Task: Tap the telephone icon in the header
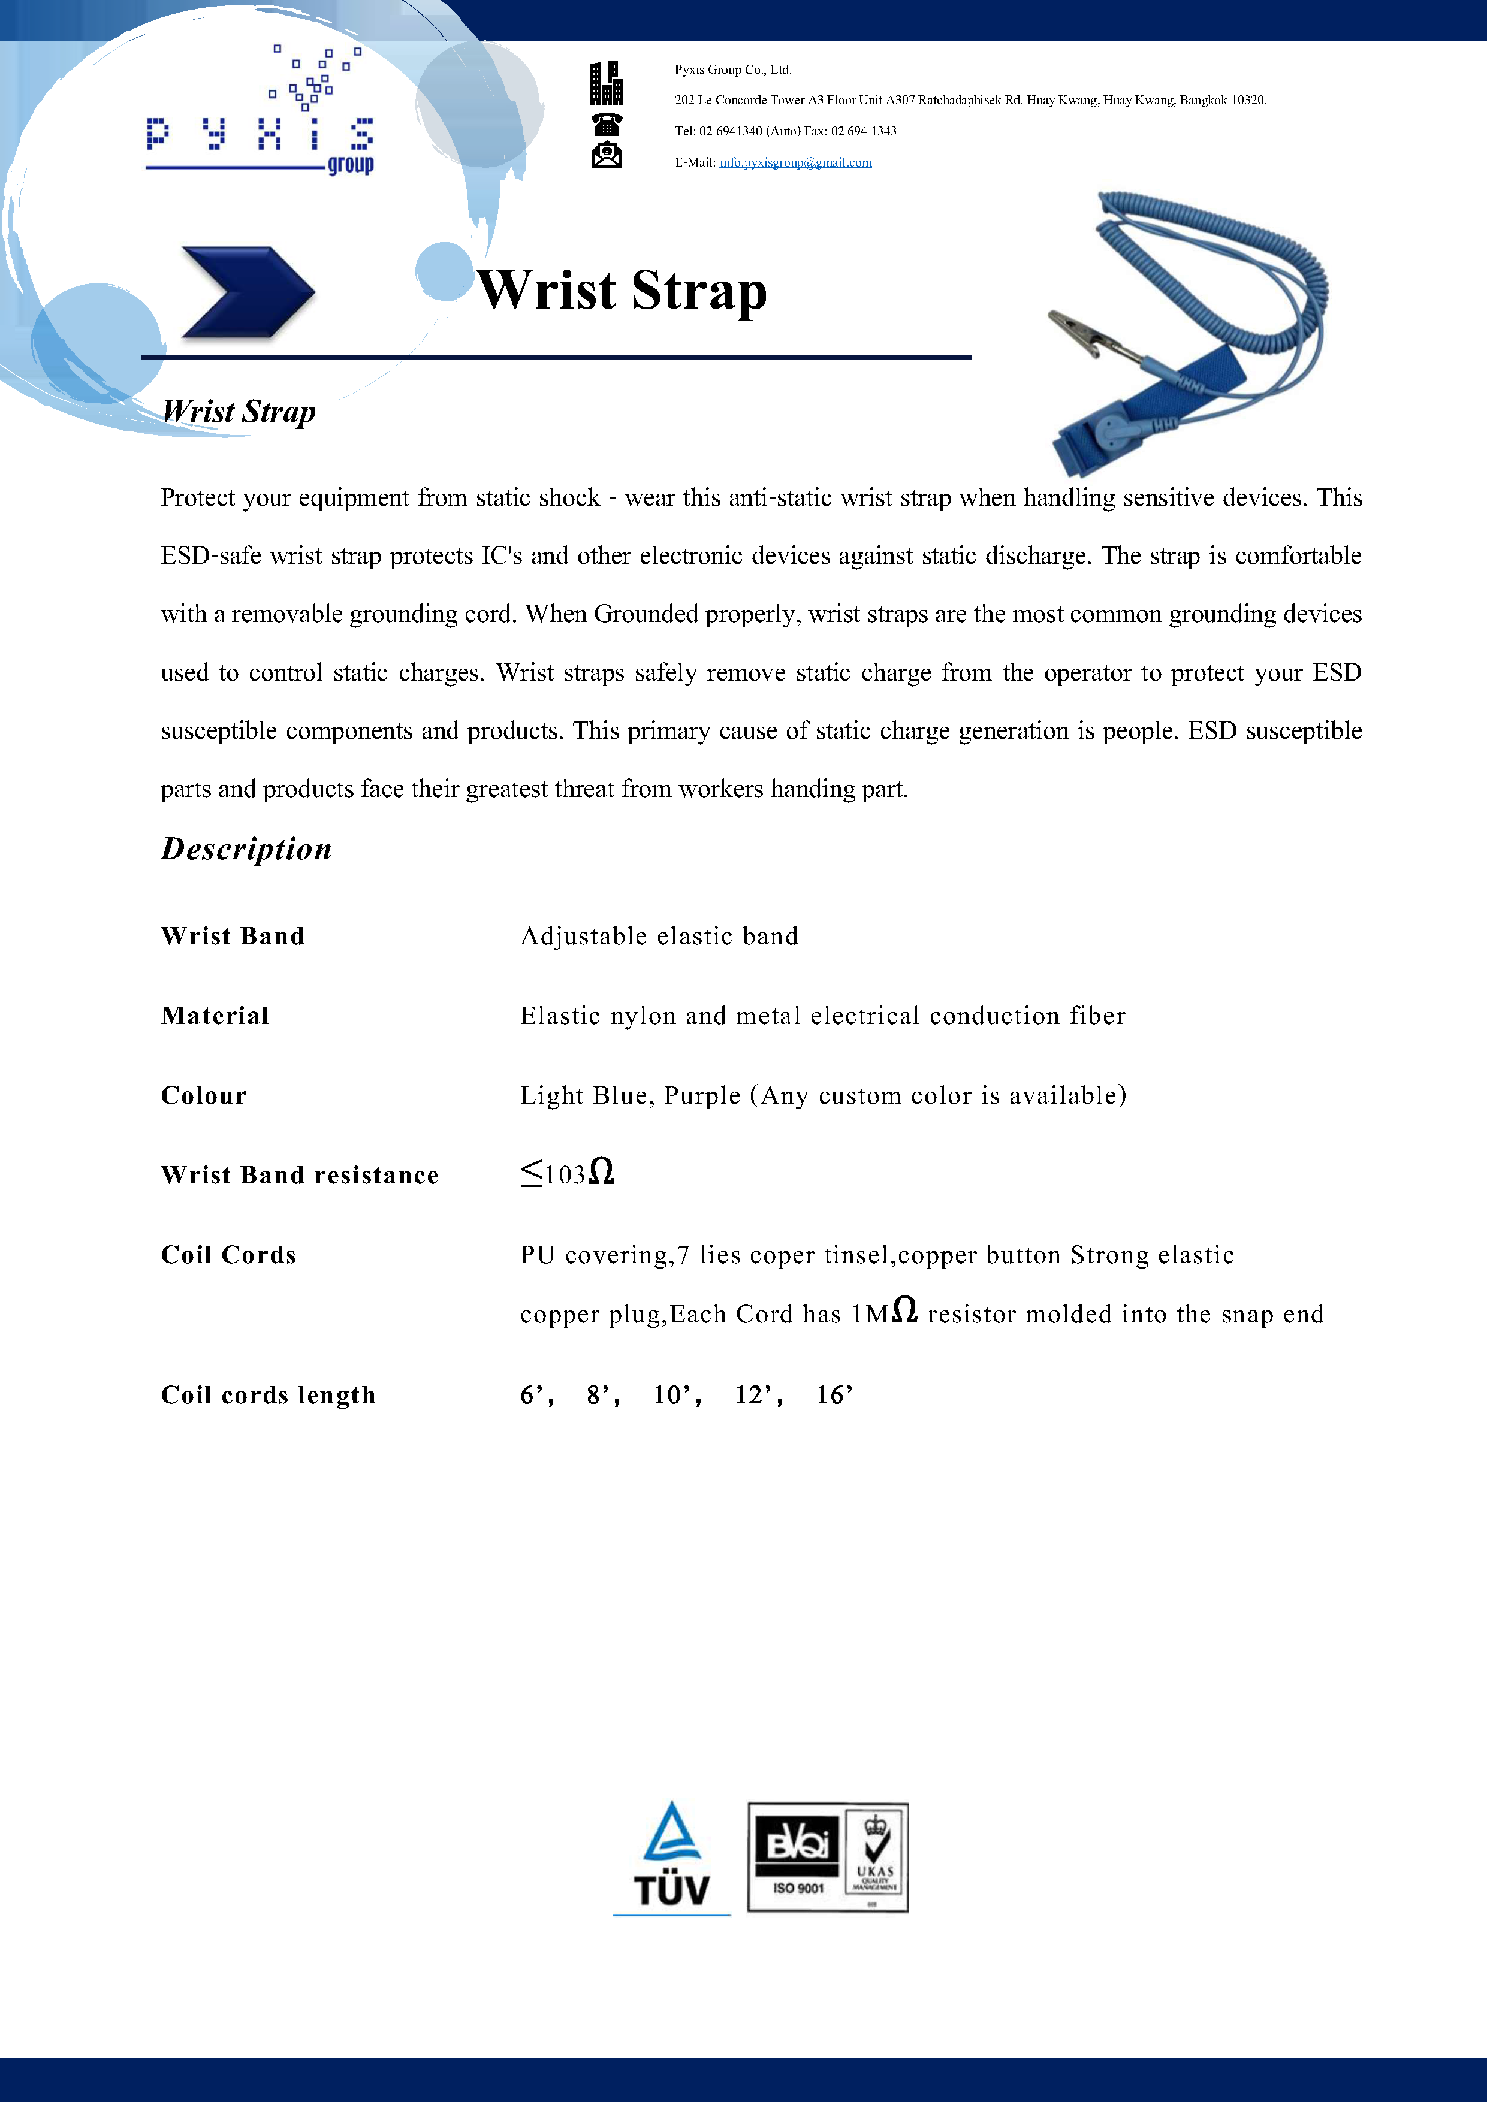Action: (606, 123)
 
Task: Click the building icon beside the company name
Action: (606, 83)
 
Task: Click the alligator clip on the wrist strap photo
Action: (1081, 329)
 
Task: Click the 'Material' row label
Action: (215, 1016)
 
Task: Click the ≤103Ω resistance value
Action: (567, 1174)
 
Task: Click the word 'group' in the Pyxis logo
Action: (351, 165)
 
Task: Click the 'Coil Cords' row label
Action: (229, 1255)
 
